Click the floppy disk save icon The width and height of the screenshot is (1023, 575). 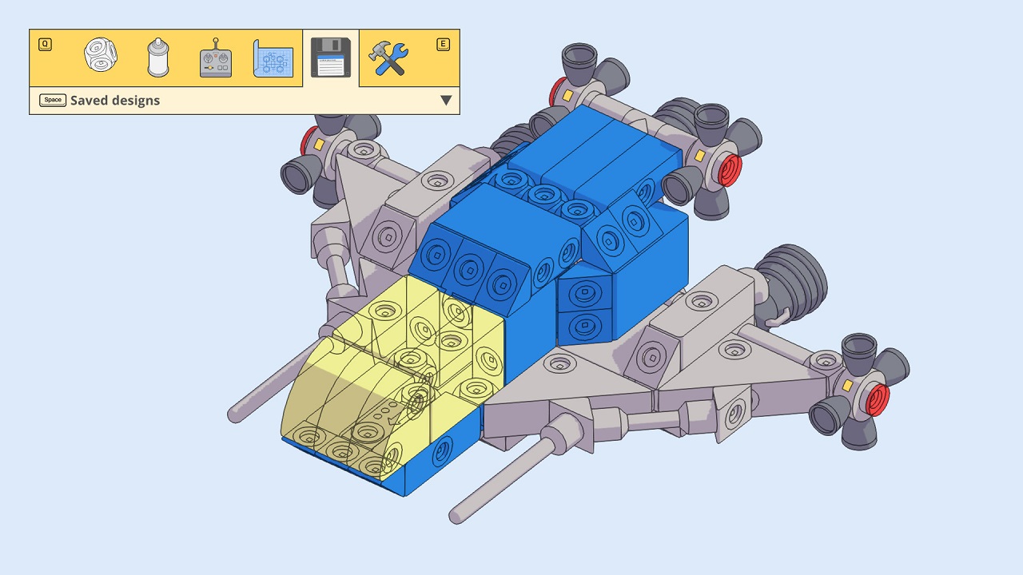click(330, 57)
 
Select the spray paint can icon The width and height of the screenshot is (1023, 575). click(158, 57)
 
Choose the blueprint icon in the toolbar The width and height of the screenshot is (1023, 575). click(273, 58)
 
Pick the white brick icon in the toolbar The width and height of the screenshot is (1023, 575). click(101, 56)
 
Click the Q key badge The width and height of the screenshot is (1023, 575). click(45, 45)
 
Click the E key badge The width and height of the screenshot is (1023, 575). click(443, 45)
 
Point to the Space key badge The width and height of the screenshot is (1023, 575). click(53, 101)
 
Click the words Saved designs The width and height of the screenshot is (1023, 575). click(115, 101)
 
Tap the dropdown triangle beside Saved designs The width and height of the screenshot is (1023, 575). click(446, 101)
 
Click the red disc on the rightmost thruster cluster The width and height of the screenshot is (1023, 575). click(878, 399)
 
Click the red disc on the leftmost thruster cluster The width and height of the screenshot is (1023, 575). click(308, 142)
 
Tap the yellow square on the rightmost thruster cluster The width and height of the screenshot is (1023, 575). click(847, 386)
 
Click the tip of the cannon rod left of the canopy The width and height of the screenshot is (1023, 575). click(235, 414)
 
